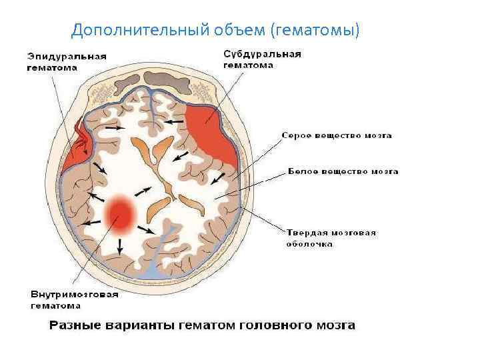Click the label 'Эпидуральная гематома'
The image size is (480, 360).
pos(66,61)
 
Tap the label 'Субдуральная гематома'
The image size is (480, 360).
pos(262,59)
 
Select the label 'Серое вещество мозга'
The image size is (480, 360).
pos(337,135)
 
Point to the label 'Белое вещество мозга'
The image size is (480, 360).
pos(343,171)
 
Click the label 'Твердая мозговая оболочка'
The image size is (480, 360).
pos(331,238)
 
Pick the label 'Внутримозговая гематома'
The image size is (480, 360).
pos(75,299)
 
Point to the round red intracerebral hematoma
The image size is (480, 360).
pos(121,214)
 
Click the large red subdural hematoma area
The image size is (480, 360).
pos(211,133)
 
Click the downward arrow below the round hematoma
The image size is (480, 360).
pos(120,246)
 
